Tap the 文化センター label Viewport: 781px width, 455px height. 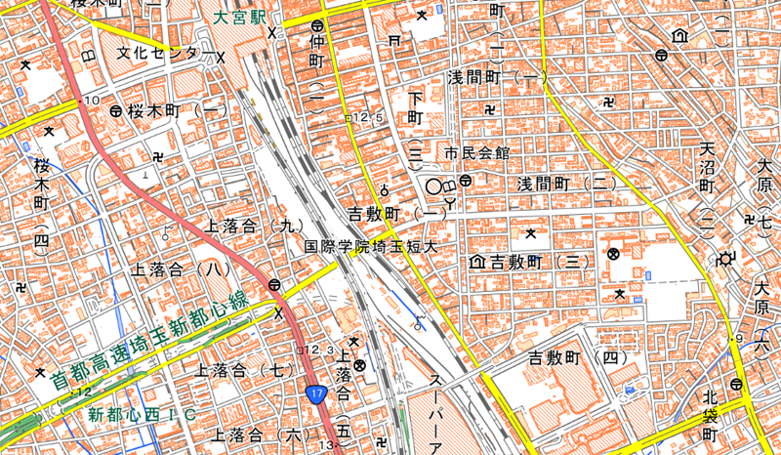[x=161, y=52]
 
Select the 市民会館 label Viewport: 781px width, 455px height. [x=477, y=153]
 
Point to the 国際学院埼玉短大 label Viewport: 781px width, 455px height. [x=366, y=247]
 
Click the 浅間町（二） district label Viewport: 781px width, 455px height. [x=567, y=184]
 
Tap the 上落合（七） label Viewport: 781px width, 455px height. [x=245, y=371]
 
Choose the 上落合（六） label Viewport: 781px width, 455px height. [x=259, y=434]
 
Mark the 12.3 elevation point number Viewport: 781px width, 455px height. [x=318, y=349]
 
